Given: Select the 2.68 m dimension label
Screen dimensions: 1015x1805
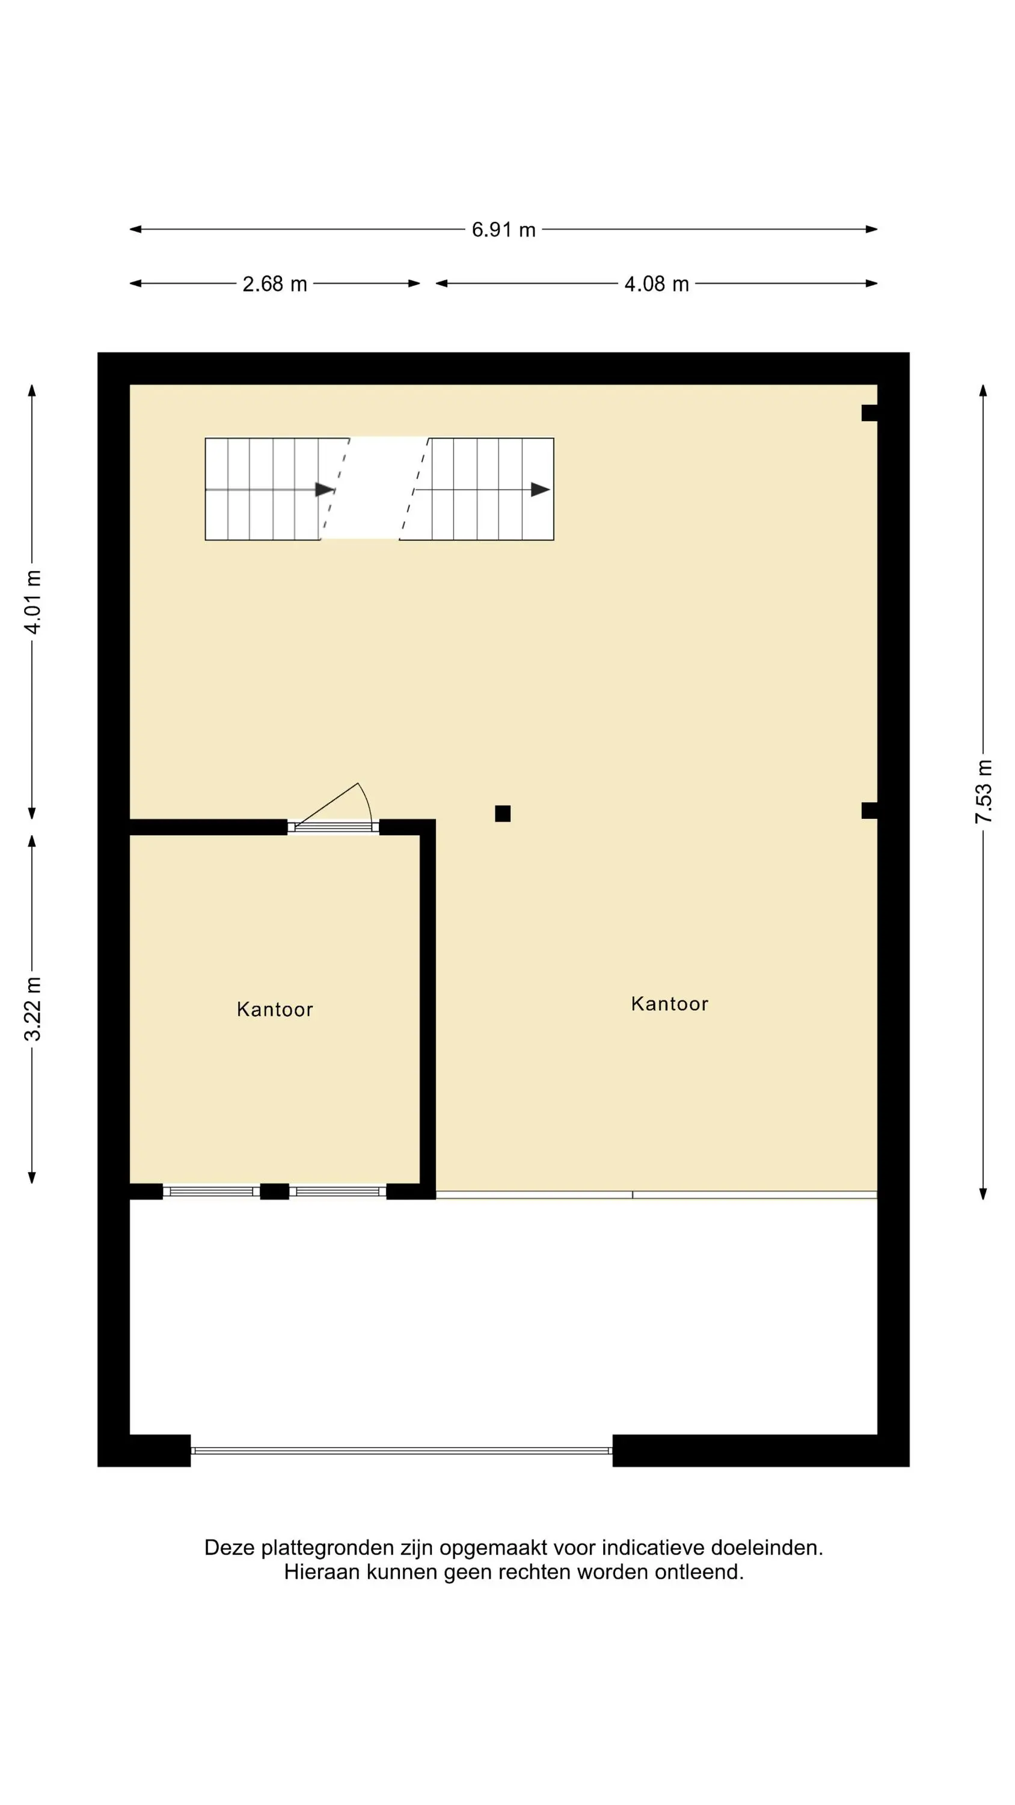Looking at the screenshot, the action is coord(275,284).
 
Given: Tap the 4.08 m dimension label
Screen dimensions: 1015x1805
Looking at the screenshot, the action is coord(657,284).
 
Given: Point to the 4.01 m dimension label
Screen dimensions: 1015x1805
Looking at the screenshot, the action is coord(33,602).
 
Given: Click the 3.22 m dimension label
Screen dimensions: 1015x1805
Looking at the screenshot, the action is coord(33,1008).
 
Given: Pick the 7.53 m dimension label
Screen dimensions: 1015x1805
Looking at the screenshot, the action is coord(984,791).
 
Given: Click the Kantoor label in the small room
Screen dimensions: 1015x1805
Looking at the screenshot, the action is coord(275,1009).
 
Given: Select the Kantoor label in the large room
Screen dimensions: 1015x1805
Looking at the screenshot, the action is coord(670,1004).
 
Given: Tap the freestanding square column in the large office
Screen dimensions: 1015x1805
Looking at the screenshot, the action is coord(502,813).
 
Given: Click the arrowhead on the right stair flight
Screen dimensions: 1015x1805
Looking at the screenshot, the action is coord(540,489).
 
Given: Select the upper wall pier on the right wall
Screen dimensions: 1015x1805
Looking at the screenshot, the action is coord(869,413).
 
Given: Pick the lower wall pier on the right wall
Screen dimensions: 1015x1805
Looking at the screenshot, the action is coord(869,810).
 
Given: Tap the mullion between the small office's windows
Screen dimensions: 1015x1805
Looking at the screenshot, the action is coord(275,1191).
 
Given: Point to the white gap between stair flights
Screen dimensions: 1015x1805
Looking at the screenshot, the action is coord(374,489).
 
